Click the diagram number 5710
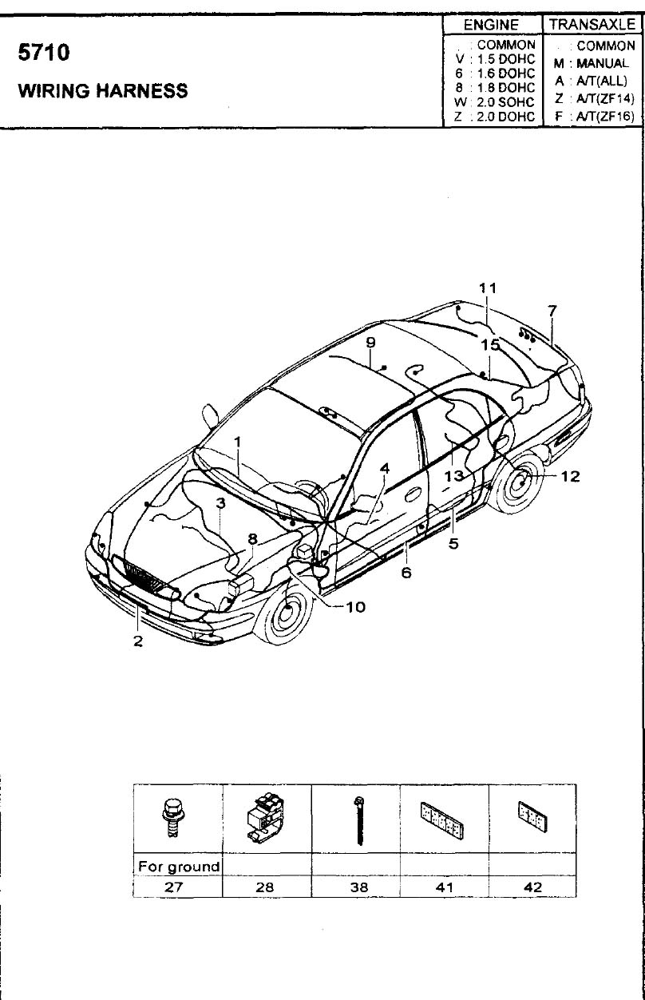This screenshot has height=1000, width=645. pyautogui.click(x=44, y=52)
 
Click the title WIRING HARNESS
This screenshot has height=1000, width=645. pyautogui.click(x=103, y=90)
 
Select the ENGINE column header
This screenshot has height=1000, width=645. pyautogui.click(x=491, y=25)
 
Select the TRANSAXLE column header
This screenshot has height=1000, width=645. pyautogui.click(x=592, y=24)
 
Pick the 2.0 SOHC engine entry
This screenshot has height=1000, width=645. pyautogui.click(x=495, y=102)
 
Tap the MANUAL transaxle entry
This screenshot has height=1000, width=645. pyautogui.click(x=592, y=63)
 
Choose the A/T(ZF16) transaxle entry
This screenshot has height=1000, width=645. pyautogui.click(x=595, y=117)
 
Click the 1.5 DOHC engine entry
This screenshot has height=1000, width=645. pyautogui.click(x=495, y=59)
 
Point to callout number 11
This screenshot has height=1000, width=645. pyautogui.click(x=488, y=288)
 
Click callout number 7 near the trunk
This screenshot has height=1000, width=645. pyautogui.click(x=552, y=310)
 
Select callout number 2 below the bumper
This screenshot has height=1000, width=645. pyautogui.click(x=138, y=641)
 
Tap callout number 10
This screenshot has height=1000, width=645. pyautogui.click(x=355, y=607)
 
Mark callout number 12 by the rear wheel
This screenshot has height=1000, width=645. pyautogui.click(x=570, y=476)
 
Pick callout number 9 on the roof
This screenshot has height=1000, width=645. pyautogui.click(x=370, y=343)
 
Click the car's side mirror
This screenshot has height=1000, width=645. pyautogui.click(x=210, y=416)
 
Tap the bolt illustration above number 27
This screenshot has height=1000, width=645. pyautogui.click(x=172, y=817)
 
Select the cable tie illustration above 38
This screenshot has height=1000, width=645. pyautogui.click(x=358, y=819)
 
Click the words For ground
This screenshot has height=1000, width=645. pyautogui.click(x=179, y=867)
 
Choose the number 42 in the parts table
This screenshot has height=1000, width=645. pyautogui.click(x=532, y=887)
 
